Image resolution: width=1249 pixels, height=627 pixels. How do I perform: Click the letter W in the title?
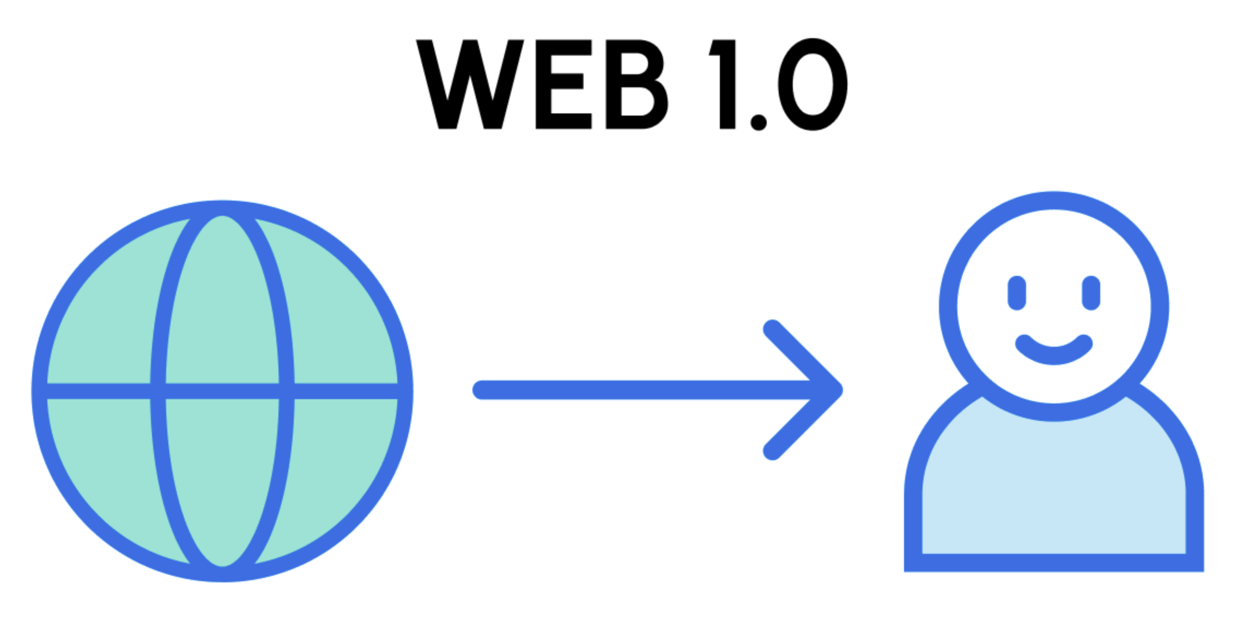click(470, 85)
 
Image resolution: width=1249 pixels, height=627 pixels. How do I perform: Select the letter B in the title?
click(635, 85)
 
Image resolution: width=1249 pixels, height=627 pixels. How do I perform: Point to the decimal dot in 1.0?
click(759, 122)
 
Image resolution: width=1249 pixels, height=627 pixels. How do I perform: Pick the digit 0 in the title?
click(813, 85)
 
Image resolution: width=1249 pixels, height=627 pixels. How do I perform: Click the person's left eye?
click(1017, 293)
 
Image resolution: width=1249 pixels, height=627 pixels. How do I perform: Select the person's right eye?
click(1091, 293)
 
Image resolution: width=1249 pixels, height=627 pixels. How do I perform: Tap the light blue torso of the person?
click(1054, 491)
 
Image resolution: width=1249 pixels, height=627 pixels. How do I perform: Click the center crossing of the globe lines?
click(222, 391)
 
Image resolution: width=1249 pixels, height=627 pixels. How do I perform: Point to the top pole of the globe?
click(222, 208)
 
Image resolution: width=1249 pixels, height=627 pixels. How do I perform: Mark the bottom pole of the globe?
click(222, 574)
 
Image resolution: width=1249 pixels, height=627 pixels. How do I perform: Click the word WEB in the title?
click(542, 85)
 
